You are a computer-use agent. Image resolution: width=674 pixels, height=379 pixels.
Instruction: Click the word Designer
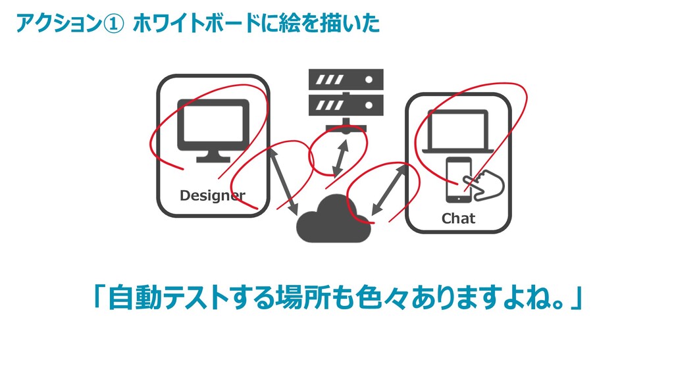(x=212, y=195)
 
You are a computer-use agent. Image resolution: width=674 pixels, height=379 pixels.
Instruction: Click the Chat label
(x=458, y=218)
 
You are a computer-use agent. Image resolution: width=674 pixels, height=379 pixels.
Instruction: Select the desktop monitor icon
(x=213, y=126)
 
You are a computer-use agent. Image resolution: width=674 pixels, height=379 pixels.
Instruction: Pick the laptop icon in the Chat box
(x=458, y=132)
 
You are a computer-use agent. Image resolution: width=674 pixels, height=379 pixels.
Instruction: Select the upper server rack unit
(x=346, y=80)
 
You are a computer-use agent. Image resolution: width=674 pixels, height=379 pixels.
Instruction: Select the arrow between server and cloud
(x=340, y=158)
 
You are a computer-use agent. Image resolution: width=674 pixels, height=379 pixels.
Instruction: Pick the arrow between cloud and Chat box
(x=388, y=189)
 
